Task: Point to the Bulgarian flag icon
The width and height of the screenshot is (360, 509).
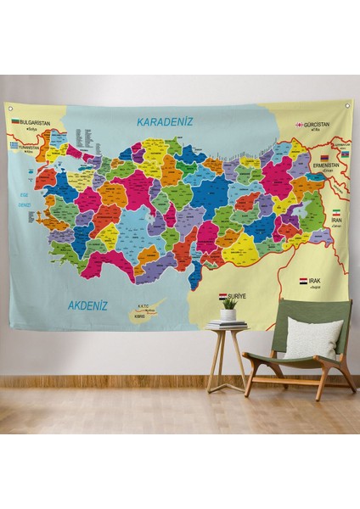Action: click(x=14, y=122)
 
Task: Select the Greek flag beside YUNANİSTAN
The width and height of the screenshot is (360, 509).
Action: click(x=14, y=145)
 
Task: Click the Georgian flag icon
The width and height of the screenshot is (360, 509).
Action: click(x=299, y=125)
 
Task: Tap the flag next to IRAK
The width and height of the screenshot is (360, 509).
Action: click(x=303, y=279)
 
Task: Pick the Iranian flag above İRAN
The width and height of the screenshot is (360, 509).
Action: click(x=335, y=210)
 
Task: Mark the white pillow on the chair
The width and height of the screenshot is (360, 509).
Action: click(x=312, y=338)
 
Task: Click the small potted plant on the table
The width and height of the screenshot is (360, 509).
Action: click(x=228, y=309)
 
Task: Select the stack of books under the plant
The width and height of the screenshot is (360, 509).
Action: click(x=227, y=324)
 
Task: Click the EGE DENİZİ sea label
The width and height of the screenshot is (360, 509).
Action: click(x=26, y=202)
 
